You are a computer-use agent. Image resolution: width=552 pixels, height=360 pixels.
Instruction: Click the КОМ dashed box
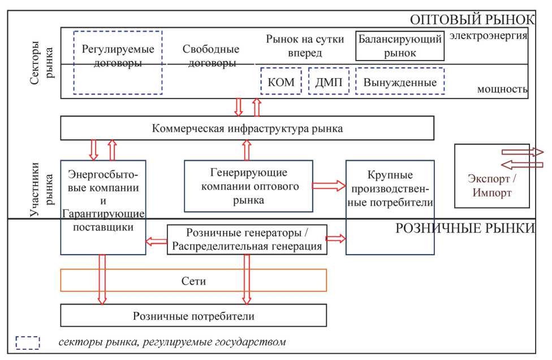[x=281, y=82]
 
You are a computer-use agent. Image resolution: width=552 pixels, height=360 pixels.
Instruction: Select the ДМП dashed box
[x=329, y=82]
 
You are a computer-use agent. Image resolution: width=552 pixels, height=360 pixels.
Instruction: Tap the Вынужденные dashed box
[x=400, y=82]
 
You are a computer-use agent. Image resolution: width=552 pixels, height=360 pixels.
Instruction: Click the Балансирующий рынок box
[x=399, y=46]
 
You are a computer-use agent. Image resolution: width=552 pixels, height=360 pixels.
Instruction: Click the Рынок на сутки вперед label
[x=294, y=46]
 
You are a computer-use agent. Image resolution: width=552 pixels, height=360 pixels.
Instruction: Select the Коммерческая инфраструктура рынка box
[x=247, y=128]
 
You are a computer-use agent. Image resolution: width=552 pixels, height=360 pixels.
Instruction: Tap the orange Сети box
[x=193, y=280]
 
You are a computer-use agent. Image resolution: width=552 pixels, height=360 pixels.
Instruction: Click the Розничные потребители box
[x=193, y=315]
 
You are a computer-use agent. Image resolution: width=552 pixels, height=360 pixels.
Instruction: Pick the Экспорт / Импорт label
[x=490, y=185]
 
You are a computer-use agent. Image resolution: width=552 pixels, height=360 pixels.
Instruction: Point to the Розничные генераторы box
[x=247, y=239]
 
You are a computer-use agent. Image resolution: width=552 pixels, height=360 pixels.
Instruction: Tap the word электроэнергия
[x=489, y=36]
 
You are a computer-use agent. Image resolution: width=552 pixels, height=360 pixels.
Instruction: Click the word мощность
[x=502, y=89]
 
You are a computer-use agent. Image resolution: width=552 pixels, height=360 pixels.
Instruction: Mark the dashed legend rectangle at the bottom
[x=28, y=343]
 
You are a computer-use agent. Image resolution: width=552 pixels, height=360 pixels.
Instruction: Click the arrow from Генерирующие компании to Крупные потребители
[x=329, y=185]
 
